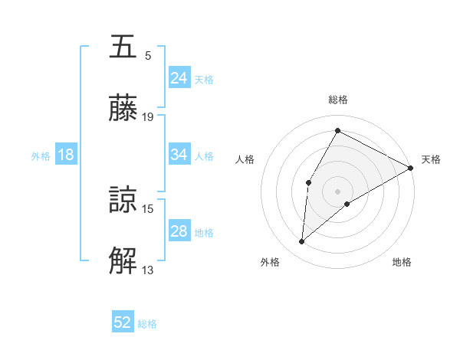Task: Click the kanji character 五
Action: (x=124, y=47)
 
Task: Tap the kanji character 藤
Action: (x=124, y=108)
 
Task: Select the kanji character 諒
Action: (x=124, y=200)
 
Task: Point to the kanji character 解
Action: (x=124, y=261)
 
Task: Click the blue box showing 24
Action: (x=179, y=78)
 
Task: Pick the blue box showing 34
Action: (x=179, y=155)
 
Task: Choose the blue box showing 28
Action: (x=179, y=231)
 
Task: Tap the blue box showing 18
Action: (x=66, y=155)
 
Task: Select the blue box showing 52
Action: (x=123, y=323)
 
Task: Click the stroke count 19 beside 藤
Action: (x=148, y=117)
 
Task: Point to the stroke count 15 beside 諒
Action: (x=148, y=208)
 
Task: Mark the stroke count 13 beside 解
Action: (x=148, y=270)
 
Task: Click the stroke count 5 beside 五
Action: (x=148, y=55)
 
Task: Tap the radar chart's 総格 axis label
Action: (x=337, y=100)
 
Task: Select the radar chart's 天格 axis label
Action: (x=431, y=159)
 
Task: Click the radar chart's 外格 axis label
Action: (x=270, y=263)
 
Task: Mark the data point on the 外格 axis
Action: (x=302, y=242)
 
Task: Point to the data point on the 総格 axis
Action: (x=337, y=131)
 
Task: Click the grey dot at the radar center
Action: (x=337, y=191)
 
